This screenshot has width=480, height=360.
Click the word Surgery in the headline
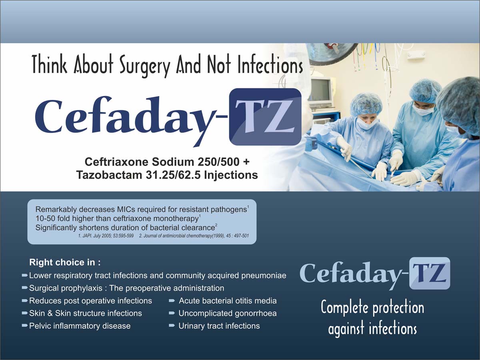144,65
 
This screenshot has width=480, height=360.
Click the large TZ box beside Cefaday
265,117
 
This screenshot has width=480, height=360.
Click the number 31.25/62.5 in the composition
173,175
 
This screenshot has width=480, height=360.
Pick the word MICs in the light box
125,209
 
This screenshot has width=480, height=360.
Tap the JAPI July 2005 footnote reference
106,236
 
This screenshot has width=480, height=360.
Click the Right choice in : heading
65,262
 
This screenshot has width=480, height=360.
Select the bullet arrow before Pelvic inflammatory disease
25,326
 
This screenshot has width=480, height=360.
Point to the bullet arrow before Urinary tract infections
172,326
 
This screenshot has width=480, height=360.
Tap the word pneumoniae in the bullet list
264,276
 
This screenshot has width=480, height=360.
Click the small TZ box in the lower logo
430,273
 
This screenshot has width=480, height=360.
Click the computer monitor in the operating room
322,92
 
